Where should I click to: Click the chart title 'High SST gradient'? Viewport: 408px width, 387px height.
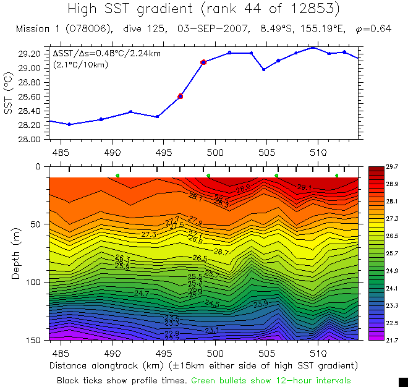147,9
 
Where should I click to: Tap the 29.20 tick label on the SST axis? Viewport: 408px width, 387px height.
30,54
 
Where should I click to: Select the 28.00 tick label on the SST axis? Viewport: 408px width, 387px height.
30,139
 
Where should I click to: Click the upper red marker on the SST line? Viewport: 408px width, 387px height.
203,62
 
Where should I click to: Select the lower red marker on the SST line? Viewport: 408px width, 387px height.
181,96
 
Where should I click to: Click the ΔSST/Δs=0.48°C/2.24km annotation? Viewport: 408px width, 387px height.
106,54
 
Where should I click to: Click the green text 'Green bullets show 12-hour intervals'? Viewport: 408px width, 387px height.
271,380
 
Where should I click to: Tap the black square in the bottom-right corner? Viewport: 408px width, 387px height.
403,382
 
